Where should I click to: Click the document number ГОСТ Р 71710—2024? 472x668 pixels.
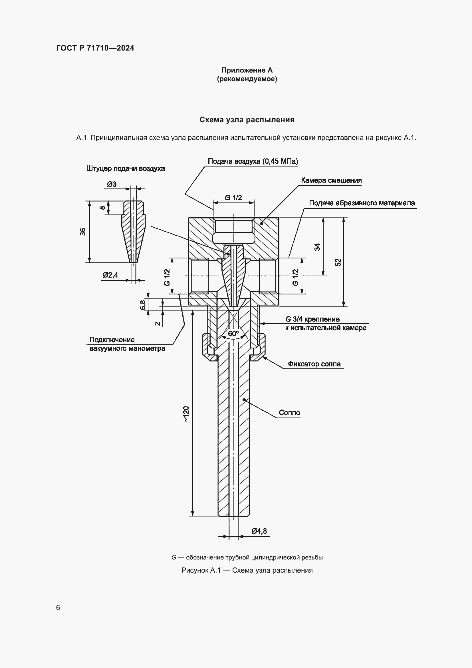coord(95,48)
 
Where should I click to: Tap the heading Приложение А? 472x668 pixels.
coord(247,70)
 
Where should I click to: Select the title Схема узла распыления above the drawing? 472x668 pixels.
coord(247,120)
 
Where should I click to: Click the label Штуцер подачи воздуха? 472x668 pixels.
coord(125,168)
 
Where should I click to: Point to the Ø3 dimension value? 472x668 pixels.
coord(112,184)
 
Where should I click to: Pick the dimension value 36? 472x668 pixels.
coord(83,232)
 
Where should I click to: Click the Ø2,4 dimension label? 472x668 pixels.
coord(110,275)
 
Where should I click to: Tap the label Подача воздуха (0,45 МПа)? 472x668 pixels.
coord(253,161)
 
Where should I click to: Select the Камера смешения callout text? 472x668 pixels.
coord(331,180)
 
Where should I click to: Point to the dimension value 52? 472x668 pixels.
coord(338,262)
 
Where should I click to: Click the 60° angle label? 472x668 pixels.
coord(233,333)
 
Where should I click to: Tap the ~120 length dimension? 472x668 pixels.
coord(186,414)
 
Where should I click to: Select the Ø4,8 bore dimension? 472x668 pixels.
coord(259,531)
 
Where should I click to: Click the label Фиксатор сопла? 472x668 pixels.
coord(314,364)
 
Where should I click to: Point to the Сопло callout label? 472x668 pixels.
coord(289,413)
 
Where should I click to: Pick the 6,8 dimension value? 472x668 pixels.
coord(143,305)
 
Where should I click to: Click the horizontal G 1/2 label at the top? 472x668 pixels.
coord(233,198)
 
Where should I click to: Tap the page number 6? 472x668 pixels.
coord(58,607)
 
